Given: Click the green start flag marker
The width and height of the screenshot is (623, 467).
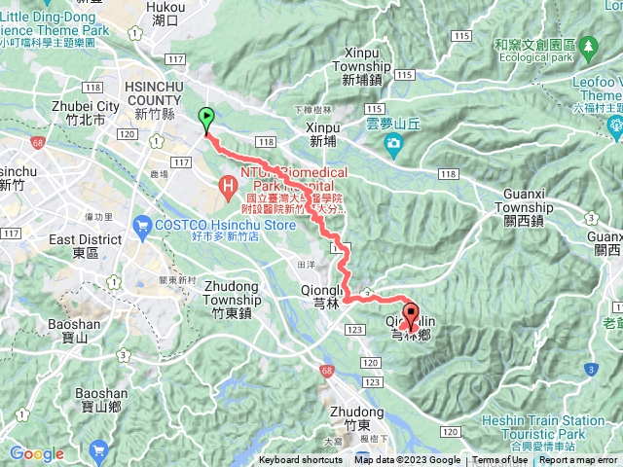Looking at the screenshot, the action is coord(206,119).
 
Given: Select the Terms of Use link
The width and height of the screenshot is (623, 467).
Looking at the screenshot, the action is coord(499,460).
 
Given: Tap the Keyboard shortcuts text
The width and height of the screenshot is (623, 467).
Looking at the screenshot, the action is coord(300,460).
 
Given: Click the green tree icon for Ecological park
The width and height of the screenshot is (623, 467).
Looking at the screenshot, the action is coord(588,47).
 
